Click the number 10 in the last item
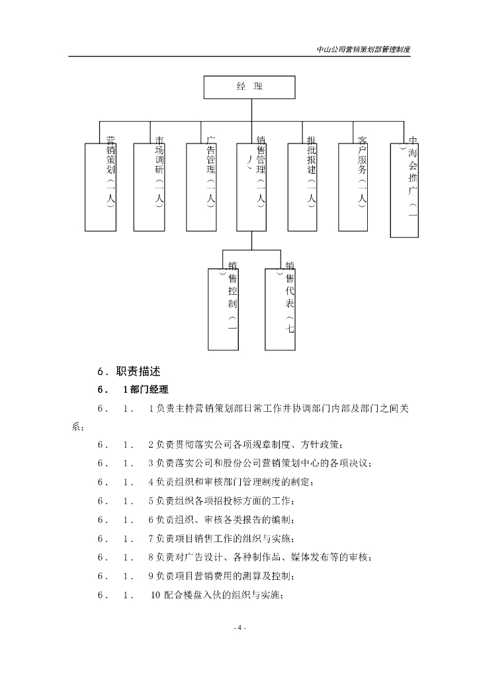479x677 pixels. click(x=156, y=595)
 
